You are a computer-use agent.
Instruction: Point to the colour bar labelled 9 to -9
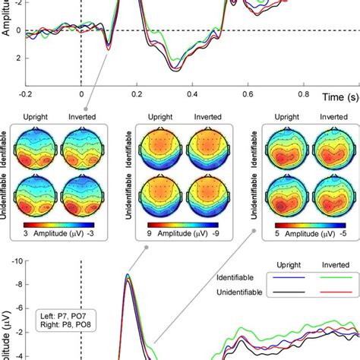pos(180,225)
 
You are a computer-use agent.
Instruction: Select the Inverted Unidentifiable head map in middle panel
pos(201,195)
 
